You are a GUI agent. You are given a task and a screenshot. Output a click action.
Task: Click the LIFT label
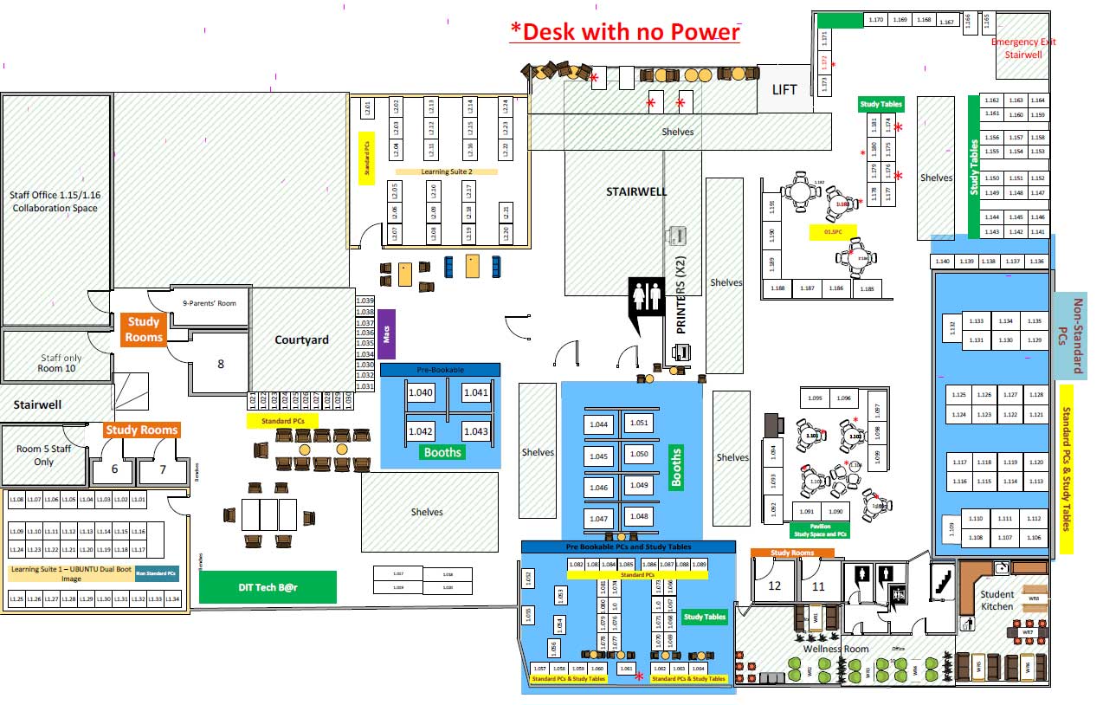pyautogui.click(x=784, y=89)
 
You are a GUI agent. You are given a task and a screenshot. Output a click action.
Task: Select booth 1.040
pyautogui.click(x=420, y=393)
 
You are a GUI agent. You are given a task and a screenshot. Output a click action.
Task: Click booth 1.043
pyautogui.click(x=475, y=431)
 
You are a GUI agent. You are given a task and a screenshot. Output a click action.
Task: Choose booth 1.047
pyautogui.click(x=598, y=518)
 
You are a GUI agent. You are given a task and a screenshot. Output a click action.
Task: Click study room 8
pyautogui.click(x=221, y=365)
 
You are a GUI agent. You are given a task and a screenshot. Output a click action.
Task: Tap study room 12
pyautogui.click(x=774, y=586)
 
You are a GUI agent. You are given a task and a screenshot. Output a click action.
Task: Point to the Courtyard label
pyautogui.click(x=301, y=340)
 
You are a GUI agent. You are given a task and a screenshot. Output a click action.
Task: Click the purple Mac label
pyautogui.click(x=387, y=333)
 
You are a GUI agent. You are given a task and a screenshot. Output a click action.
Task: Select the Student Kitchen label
pyautogui.click(x=997, y=599)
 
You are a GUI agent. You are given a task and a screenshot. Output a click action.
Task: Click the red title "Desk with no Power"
pyautogui.click(x=625, y=31)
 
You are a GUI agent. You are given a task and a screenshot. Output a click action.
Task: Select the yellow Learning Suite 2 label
pyautogui.click(x=447, y=171)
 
